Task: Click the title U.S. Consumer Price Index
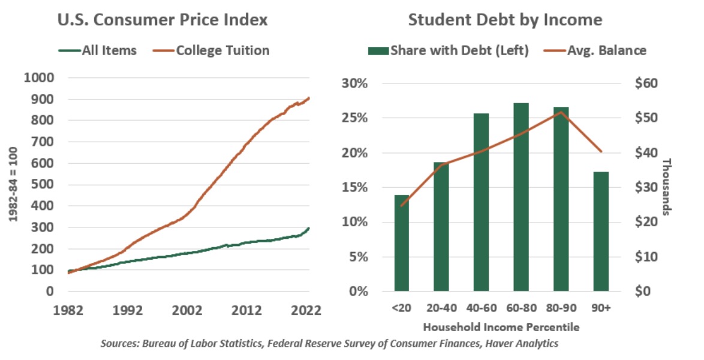(162, 20)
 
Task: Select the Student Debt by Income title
(505, 20)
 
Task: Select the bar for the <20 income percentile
(403, 243)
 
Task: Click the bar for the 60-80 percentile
(521, 197)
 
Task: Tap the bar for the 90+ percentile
(600, 232)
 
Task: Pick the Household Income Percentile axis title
(502, 328)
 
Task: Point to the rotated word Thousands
(666, 187)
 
